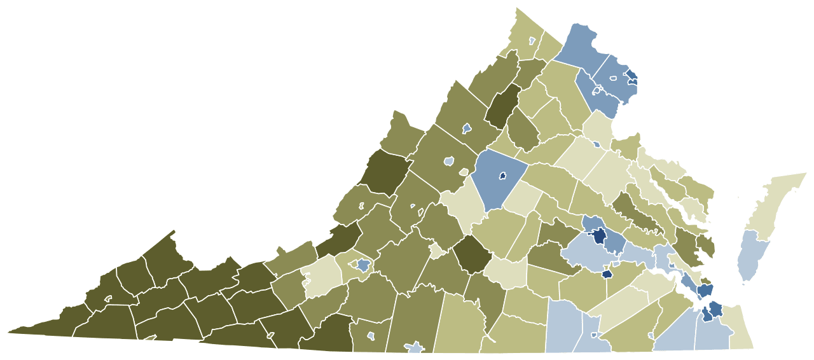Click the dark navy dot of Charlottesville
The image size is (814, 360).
pos(502,175)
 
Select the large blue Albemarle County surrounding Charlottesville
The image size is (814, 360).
pos(493,191)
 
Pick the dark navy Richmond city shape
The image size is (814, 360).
pos(599,235)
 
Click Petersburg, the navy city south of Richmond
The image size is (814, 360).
pos(607,274)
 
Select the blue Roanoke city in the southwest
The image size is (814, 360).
pos(363,265)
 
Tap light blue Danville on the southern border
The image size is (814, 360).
pos(415,347)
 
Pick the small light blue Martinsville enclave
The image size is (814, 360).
pos(371,335)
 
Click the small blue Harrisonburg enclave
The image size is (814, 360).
pos(466,128)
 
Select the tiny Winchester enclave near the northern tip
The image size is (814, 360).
pos(532,41)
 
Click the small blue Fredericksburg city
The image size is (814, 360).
pos(597,144)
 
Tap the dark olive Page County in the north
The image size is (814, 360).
pos(502,105)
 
